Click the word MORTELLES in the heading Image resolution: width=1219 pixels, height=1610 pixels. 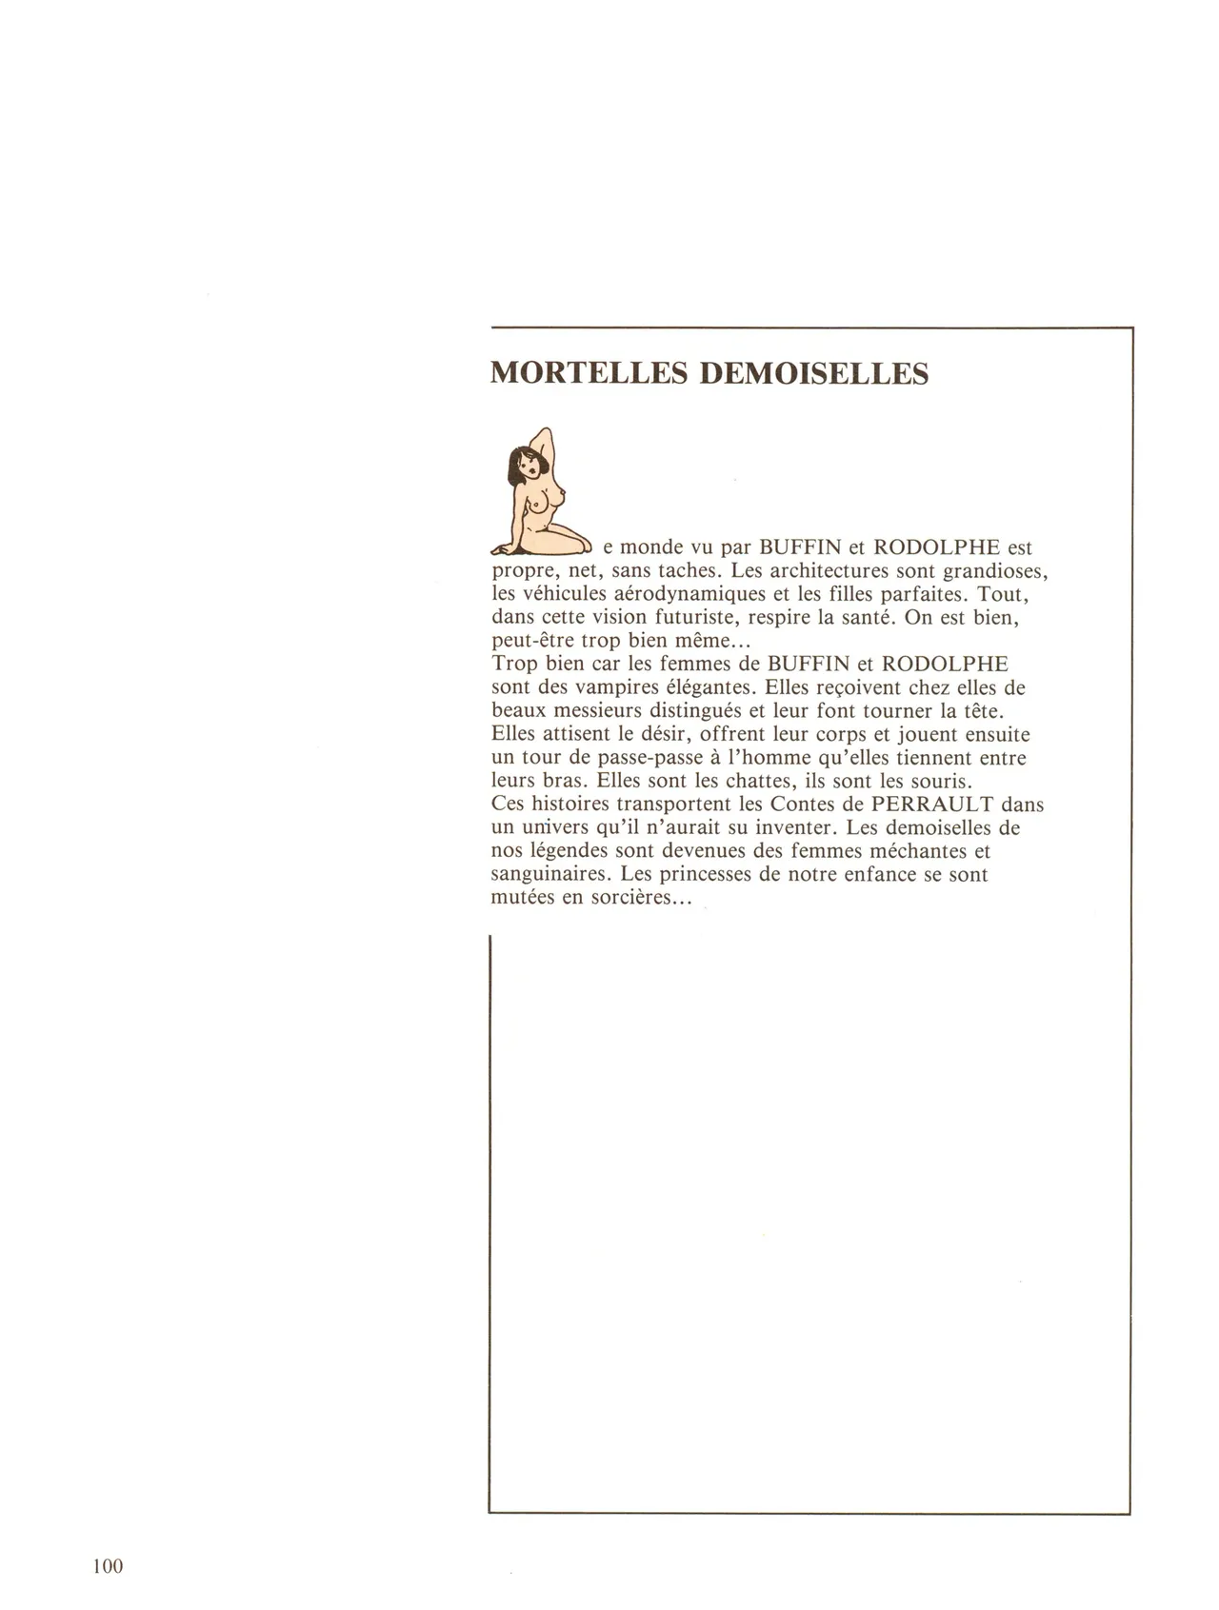click(x=589, y=372)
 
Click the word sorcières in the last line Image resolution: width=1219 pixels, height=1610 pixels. click(x=633, y=898)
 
